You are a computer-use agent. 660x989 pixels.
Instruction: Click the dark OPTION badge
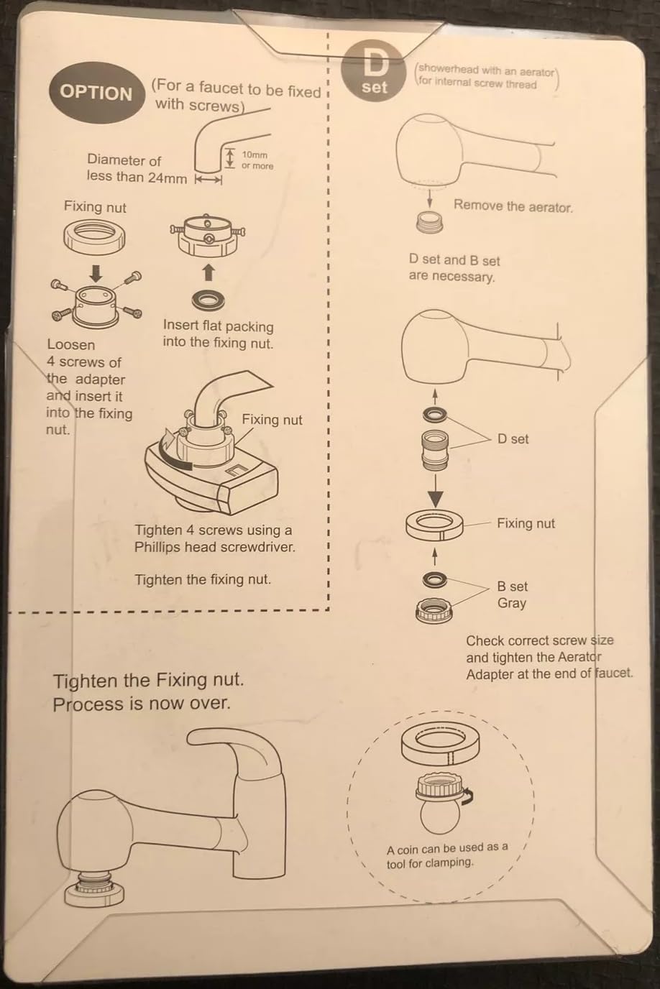pos(96,93)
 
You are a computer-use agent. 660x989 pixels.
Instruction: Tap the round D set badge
pos(374,71)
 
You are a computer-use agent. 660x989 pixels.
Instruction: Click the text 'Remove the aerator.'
pos(513,206)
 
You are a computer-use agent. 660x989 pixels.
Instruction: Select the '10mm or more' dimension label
pos(257,160)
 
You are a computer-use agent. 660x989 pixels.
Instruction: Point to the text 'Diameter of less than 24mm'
pos(136,169)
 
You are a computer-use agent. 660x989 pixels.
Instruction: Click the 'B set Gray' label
pos(512,595)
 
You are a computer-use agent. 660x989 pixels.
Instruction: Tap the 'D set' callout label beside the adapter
pos(513,439)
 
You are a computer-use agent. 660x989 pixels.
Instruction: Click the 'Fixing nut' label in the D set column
pos(526,524)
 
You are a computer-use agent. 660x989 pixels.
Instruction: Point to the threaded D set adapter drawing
pos(434,448)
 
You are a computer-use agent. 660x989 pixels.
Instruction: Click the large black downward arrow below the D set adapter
pos(435,492)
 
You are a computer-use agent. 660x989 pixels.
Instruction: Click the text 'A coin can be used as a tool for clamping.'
pos(447,855)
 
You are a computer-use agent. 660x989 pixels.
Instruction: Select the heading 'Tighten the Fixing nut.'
pos(148,680)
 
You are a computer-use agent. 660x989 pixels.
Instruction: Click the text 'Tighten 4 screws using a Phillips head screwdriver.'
pos(214,538)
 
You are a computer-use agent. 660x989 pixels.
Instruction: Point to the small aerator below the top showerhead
pos(429,223)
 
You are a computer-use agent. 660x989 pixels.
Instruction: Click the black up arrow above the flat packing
pos(208,272)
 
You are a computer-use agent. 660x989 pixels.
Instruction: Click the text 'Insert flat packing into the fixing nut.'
pos(218,334)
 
